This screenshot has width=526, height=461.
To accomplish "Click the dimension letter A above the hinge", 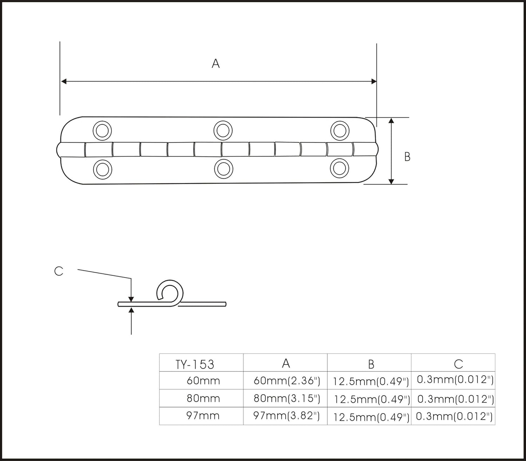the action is point(215,64).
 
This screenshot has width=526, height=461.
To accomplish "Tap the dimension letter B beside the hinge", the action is point(407,156).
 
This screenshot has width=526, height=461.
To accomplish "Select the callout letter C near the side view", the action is point(59,271).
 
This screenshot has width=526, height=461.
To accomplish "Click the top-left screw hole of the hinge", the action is point(102,131).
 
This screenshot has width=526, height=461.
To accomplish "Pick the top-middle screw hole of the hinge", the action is point(223,130).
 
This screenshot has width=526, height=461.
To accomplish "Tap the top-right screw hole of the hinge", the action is point(340,131).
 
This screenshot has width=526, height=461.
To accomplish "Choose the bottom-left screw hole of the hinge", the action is point(103,170).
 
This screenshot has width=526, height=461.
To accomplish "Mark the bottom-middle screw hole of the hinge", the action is point(224,169).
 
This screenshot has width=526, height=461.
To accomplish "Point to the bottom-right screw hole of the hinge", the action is point(339,168).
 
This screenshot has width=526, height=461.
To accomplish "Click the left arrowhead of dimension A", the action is point(64,82).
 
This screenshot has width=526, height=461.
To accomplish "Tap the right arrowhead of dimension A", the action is point(374,82).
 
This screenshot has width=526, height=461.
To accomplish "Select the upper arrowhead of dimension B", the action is point(392,120).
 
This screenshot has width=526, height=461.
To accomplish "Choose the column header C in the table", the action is point(459,364).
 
